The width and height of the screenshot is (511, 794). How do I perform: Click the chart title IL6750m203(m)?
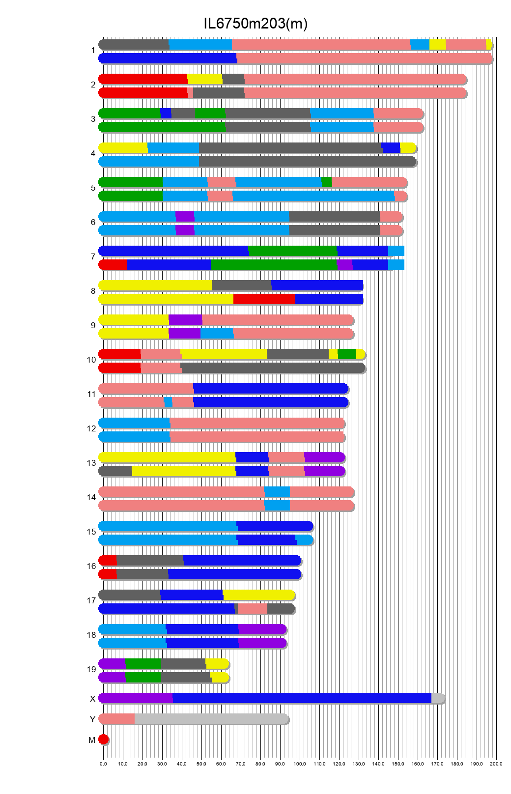click(255, 23)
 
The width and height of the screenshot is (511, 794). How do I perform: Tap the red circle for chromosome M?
click(103, 739)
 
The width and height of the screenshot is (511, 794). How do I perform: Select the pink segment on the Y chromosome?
click(117, 719)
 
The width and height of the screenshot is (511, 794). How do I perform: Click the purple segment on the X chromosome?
click(136, 698)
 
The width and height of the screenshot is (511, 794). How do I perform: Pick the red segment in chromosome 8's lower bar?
click(264, 299)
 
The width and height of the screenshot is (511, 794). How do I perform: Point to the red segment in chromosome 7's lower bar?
click(114, 265)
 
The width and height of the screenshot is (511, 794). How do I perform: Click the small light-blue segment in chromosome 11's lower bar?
click(168, 402)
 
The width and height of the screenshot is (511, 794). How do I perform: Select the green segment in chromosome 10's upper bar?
click(346, 354)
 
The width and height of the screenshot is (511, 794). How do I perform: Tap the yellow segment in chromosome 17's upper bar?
click(258, 595)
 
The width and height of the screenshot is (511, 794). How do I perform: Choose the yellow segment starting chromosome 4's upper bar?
click(123, 148)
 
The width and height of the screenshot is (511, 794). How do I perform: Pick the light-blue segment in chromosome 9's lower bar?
click(217, 334)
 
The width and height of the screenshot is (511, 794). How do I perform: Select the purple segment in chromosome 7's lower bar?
click(345, 265)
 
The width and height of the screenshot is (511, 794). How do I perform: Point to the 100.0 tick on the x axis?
click(300, 764)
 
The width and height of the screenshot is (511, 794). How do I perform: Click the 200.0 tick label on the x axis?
click(496, 764)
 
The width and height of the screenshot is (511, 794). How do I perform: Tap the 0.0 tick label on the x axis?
click(103, 764)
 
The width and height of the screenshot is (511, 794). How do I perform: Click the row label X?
click(92, 699)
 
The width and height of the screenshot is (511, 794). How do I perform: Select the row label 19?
click(91, 669)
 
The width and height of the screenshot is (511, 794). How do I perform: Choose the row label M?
click(92, 740)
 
